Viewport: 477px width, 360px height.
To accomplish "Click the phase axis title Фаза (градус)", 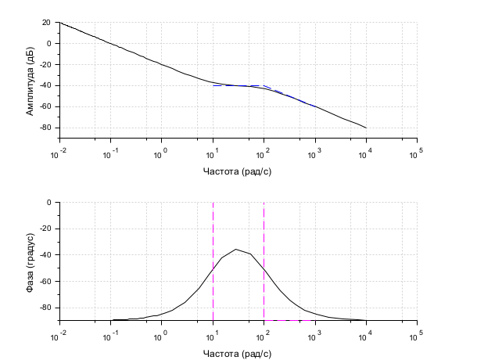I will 30,261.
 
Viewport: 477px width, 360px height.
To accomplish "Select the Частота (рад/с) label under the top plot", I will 238,170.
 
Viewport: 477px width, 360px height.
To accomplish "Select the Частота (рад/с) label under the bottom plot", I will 238,353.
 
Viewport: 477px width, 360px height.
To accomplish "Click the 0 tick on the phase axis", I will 48,203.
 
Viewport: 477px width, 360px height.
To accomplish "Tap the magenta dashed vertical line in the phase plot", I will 213,235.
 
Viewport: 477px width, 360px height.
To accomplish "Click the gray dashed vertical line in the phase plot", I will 264,235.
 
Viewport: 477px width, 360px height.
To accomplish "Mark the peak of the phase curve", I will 236,250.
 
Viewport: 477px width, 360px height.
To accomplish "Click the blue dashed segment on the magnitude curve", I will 289,95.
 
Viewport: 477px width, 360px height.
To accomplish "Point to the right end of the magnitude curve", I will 365,128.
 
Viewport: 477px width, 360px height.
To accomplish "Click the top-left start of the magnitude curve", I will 61,23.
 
